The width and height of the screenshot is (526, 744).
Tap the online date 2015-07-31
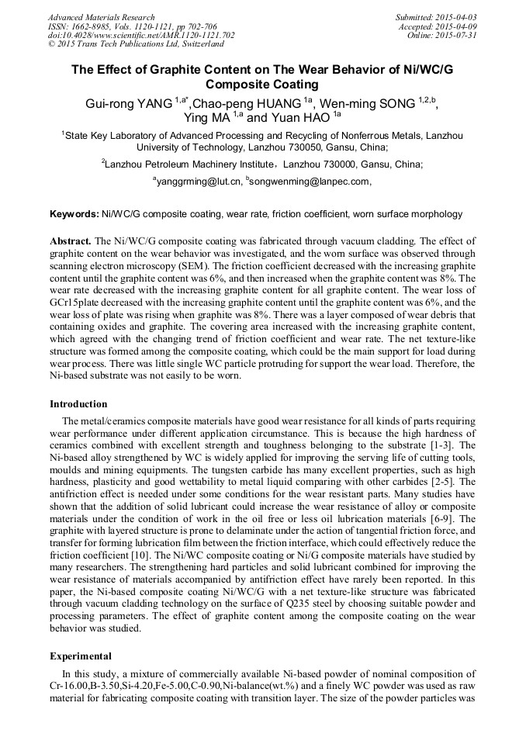pos(458,35)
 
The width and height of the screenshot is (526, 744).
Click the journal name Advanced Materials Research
pos(101,17)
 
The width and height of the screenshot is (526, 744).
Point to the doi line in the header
pos(141,35)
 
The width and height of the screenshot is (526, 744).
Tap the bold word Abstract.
pos(71,242)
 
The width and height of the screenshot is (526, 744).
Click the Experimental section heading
pos(81,656)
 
